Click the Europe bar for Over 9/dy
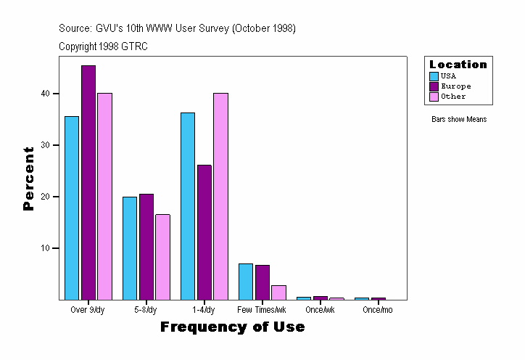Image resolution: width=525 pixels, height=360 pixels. coord(88,182)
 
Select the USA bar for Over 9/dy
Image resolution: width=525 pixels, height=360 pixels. coord(72,208)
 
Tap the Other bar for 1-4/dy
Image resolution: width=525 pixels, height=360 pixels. coord(220,196)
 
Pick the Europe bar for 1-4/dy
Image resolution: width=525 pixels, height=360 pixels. coord(204,232)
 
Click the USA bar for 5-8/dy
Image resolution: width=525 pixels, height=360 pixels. coord(130,248)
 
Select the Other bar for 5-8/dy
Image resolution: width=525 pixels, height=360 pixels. coord(162,257)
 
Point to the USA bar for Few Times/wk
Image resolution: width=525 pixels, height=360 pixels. coord(246,282)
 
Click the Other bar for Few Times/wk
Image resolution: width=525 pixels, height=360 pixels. coord(278,292)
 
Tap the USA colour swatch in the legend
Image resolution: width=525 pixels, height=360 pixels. coord(434,76)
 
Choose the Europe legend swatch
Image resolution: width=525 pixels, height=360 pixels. coord(434,86)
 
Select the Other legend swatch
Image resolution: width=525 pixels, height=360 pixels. coord(434,97)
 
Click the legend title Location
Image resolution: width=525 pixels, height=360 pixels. coord(458,65)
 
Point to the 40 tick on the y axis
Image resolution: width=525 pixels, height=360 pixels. coord(45,94)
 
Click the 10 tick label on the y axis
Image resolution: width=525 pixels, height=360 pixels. coord(45,248)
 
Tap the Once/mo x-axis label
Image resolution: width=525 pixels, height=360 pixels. coord(378,311)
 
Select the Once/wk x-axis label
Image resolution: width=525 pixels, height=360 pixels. coord(320,311)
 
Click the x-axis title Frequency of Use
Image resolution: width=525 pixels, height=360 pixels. coord(232,327)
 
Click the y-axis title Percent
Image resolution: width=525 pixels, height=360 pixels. coord(28,179)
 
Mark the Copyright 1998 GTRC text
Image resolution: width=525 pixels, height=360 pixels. coord(104,46)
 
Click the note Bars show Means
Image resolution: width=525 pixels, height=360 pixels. coord(459,120)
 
